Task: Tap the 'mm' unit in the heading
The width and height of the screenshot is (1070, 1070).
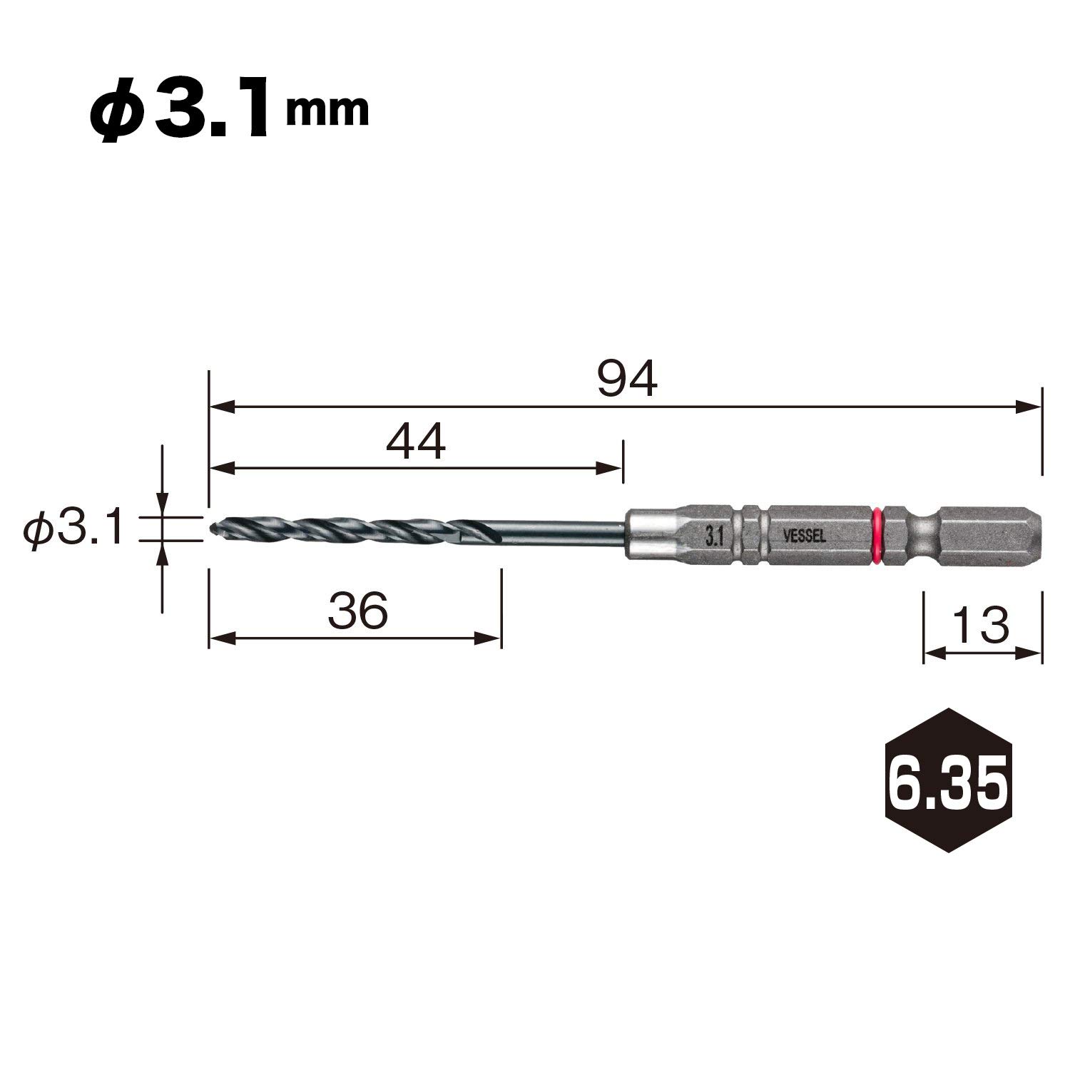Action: point(327,112)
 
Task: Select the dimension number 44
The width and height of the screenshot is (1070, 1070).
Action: point(415,442)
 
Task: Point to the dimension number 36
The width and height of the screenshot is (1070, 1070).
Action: point(357,611)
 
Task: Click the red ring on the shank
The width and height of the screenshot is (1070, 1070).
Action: point(877,530)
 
